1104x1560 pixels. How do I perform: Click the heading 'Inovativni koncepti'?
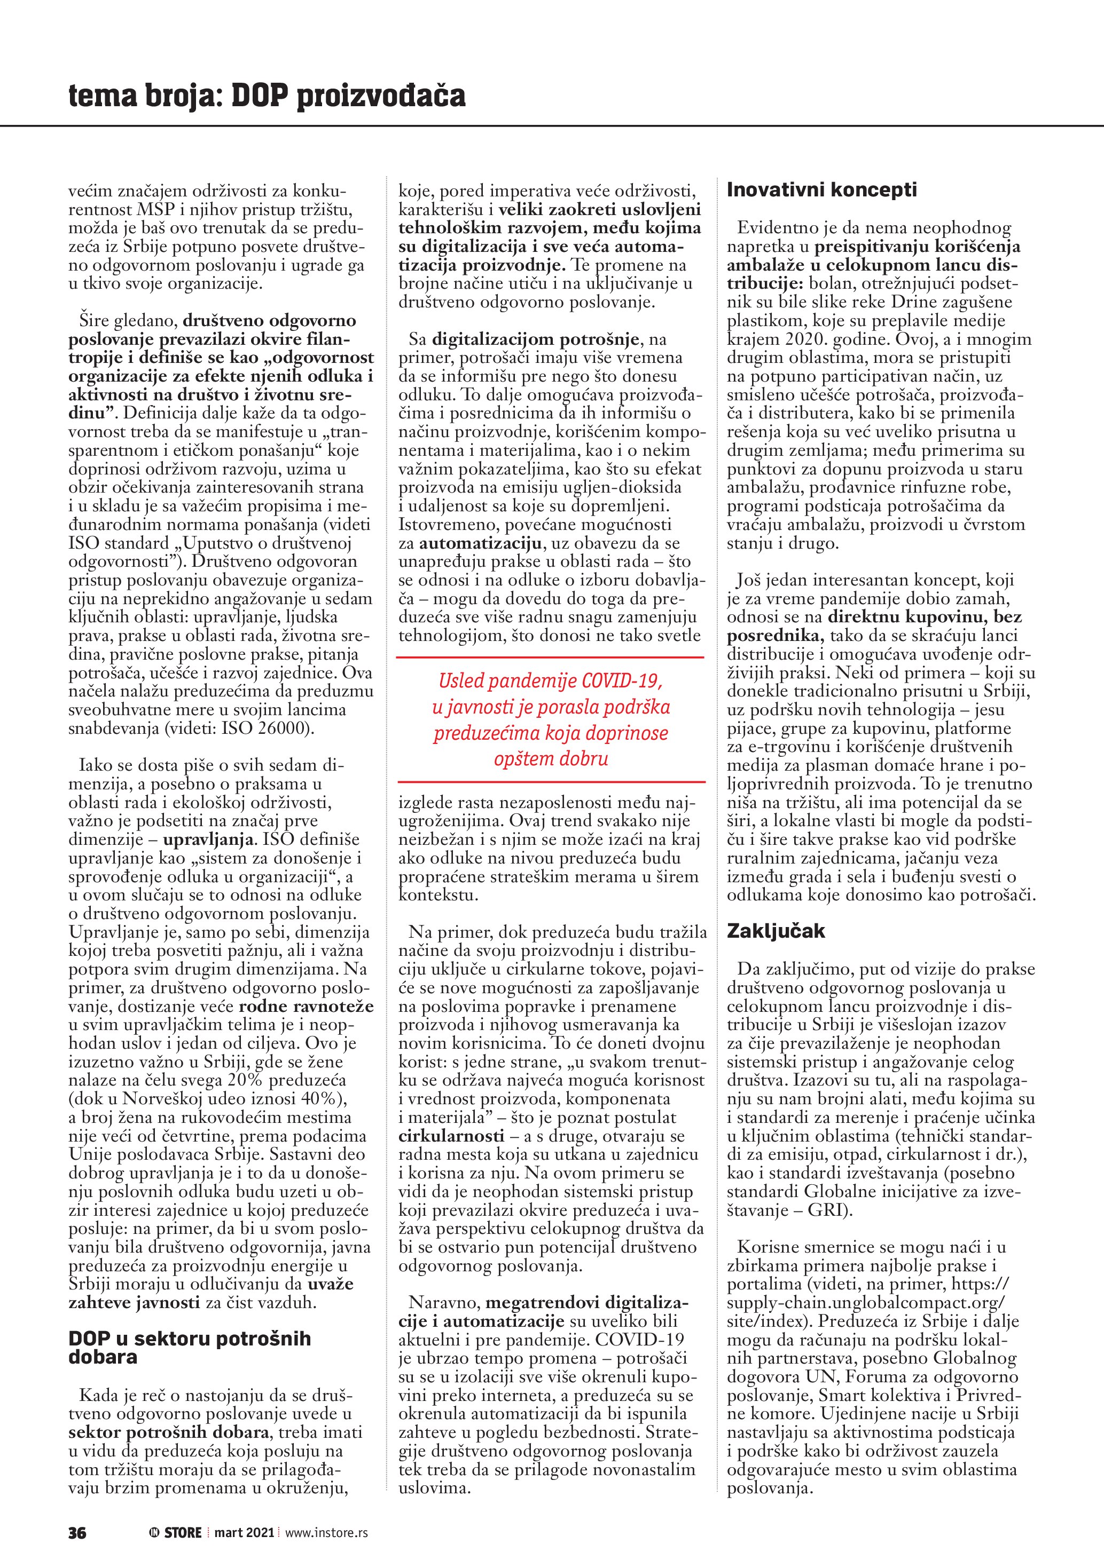click(821, 190)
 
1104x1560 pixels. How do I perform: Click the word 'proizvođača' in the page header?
click(381, 96)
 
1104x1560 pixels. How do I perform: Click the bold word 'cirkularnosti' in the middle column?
click(451, 1136)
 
